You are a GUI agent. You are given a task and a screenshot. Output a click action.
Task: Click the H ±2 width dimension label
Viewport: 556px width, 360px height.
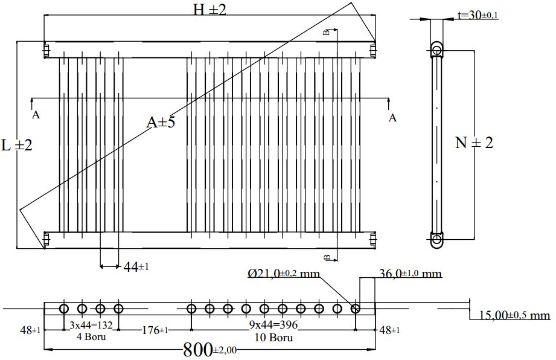(x=209, y=10)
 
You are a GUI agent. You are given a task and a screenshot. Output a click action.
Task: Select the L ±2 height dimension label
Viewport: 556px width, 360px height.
(x=17, y=145)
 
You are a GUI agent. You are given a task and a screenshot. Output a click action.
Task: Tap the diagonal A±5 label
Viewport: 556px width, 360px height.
(x=161, y=123)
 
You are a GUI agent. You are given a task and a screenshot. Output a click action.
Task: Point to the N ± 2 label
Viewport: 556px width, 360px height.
(x=474, y=143)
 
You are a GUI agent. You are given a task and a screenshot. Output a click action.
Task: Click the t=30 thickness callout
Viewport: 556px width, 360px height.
(x=478, y=15)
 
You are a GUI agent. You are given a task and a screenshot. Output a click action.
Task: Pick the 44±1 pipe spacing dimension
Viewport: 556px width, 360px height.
(x=136, y=267)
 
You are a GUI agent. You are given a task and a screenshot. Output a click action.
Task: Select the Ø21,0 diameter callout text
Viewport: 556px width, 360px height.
(x=284, y=274)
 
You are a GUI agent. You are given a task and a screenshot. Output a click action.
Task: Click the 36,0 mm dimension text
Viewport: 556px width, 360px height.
(x=411, y=274)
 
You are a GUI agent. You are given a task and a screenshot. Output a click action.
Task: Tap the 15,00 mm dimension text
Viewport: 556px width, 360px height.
(x=514, y=315)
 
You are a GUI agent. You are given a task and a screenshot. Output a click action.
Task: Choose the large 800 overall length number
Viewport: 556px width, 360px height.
(x=209, y=350)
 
